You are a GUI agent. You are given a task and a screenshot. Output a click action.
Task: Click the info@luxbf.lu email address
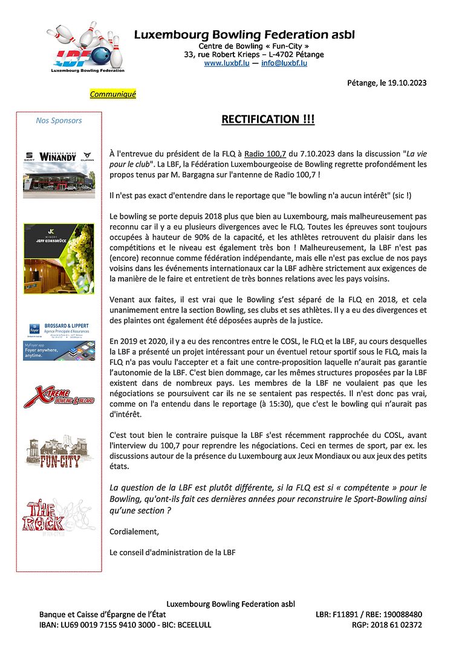click(x=284, y=63)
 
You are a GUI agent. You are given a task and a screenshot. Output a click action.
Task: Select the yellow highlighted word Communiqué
click(x=113, y=94)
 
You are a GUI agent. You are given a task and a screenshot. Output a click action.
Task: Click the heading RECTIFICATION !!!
click(x=268, y=120)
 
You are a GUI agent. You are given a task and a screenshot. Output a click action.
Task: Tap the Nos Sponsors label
click(x=59, y=120)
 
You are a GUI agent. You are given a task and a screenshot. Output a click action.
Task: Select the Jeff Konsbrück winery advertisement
click(x=59, y=259)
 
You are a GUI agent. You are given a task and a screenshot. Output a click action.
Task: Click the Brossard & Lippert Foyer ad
click(x=59, y=342)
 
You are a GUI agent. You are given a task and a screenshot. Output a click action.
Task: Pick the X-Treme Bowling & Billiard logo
click(x=59, y=397)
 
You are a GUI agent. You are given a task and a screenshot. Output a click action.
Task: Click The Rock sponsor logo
click(x=59, y=514)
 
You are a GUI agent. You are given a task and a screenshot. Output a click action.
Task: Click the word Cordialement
click(x=134, y=532)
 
